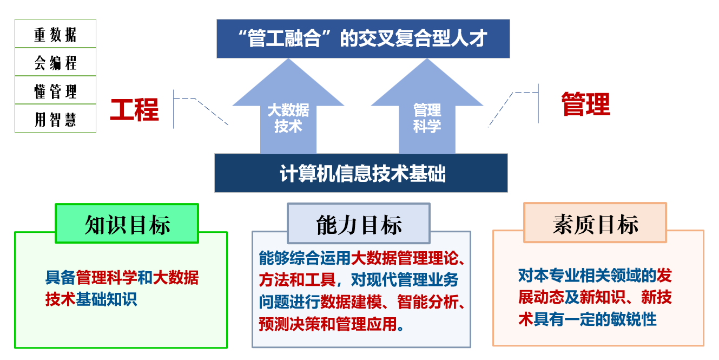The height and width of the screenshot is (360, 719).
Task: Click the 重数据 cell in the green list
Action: [x=55, y=34]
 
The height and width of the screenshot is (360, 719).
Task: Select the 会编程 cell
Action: [x=55, y=62]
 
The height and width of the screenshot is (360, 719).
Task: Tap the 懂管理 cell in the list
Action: [x=55, y=90]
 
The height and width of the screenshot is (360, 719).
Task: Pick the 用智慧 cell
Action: [x=55, y=118]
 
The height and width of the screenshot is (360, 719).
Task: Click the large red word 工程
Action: [x=135, y=110]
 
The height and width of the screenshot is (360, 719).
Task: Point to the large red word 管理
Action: [x=586, y=104]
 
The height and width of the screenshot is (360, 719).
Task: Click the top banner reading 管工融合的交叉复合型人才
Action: [x=363, y=38]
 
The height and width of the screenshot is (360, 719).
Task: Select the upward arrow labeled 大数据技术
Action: [x=288, y=106]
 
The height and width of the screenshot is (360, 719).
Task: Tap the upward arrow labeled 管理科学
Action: [x=427, y=106]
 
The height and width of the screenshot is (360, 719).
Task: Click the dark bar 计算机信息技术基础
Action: [x=361, y=173]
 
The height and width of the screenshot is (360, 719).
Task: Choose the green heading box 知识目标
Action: [x=127, y=223]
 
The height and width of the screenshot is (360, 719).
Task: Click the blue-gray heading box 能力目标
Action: [x=359, y=223]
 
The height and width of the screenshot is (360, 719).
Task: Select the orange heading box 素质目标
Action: [x=595, y=222]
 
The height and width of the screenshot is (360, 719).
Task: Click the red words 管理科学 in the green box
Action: [x=106, y=278]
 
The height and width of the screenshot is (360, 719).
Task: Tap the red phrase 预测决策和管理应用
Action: [x=328, y=324]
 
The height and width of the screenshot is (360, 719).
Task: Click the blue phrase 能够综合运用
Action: [x=305, y=258]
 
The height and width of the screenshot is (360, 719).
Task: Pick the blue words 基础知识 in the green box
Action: [x=106, y=299]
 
